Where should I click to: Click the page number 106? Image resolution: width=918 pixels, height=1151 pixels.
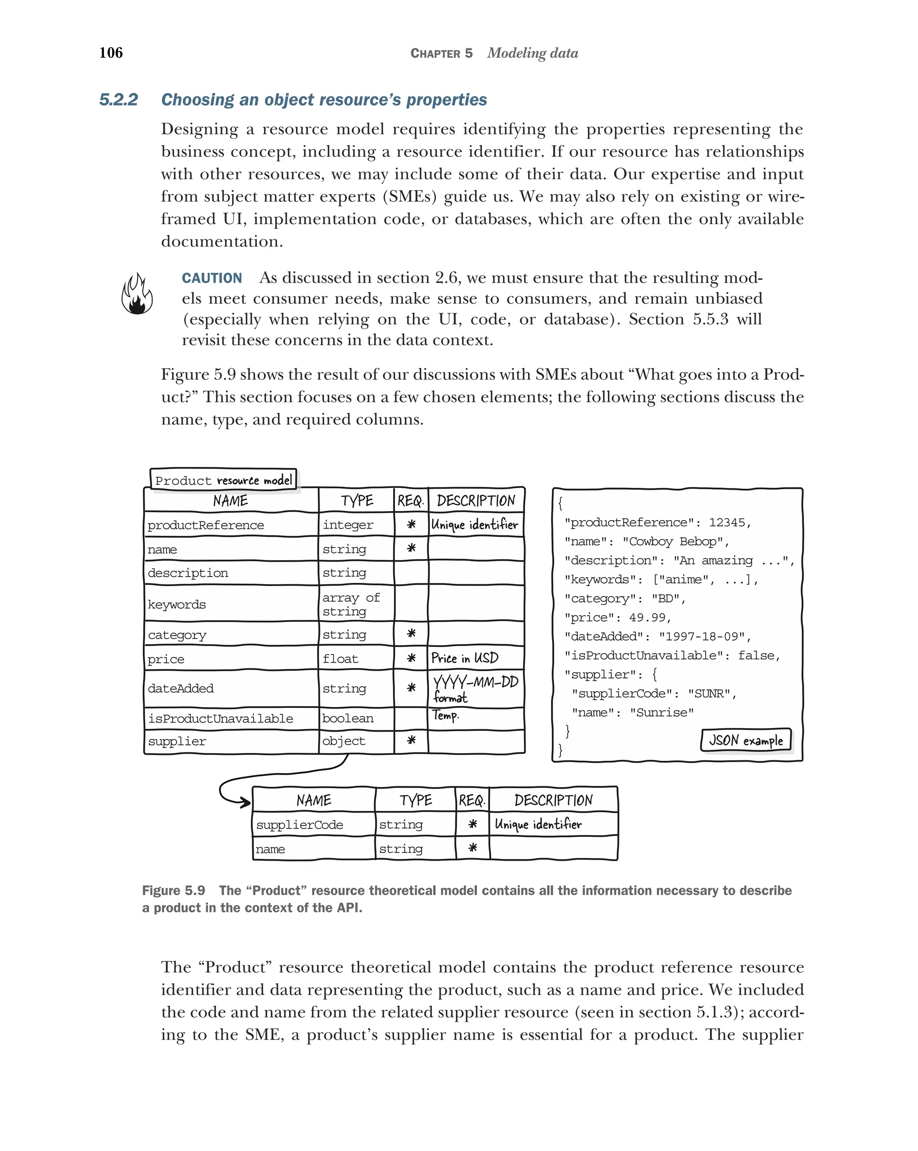tap(111, 52)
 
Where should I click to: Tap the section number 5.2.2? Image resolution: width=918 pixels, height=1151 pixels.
tap(118, 100)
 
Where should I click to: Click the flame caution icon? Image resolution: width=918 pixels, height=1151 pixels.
tap(137, 293)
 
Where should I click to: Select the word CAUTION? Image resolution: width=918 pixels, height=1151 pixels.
tap(212, 278)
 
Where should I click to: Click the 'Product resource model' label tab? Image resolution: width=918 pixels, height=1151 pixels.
tap(223, 480)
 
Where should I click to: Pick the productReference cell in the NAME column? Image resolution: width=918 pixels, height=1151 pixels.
tap(206, 525)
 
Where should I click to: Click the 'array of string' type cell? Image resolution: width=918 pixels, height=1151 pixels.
tap(351, 604)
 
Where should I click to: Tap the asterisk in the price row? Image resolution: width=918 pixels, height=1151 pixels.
tap(411, 658)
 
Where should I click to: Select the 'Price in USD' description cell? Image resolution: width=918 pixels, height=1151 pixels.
tap(465, 658)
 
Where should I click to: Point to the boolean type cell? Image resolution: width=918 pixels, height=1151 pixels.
tap(348, 719)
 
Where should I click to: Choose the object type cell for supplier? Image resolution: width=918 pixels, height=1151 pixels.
tap(344, 741)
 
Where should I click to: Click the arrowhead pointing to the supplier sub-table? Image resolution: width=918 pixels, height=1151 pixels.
tap(246, 802)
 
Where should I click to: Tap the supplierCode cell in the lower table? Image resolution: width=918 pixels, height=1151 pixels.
tap(299, 825)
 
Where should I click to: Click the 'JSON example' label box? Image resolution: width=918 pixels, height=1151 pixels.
tap(745, 741)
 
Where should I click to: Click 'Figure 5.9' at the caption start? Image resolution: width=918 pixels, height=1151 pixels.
tap(173, 891)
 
